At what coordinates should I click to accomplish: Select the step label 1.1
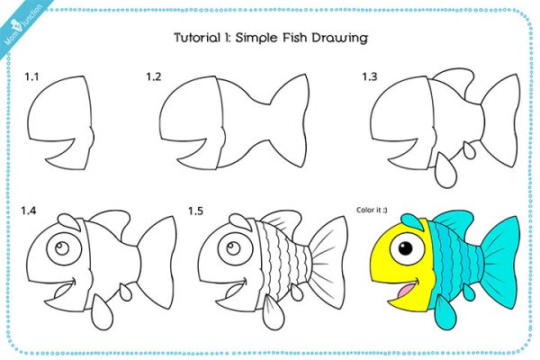click(31, 77)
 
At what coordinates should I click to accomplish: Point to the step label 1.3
click(369, 77)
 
